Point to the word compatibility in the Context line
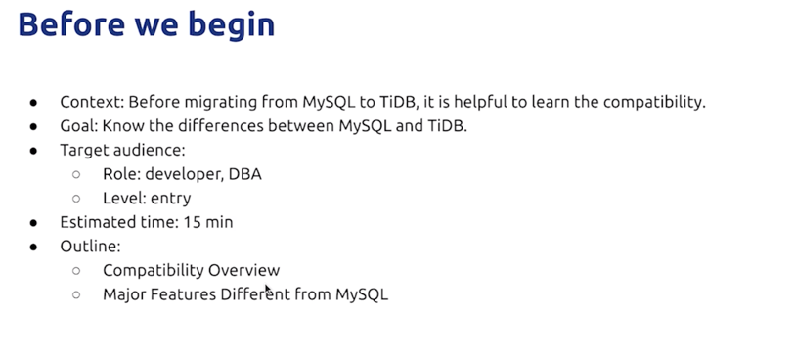coord(654,103)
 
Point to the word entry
coord(171,199)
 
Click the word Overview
coord(243,270)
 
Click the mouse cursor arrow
coord(268,290)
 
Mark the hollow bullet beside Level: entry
coord(76,198)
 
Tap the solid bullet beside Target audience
coord(33,151)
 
